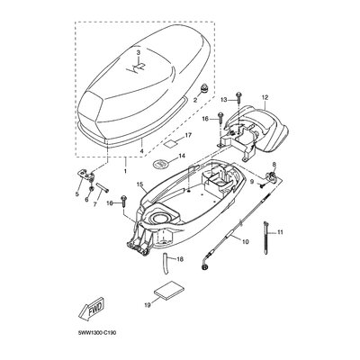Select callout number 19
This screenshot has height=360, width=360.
(148, 305)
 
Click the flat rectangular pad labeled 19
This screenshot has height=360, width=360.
(169, 291)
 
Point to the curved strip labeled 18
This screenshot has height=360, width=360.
(166, 263)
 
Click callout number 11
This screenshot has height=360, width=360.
(280, 232)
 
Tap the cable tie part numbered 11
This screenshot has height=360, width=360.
(266, 238)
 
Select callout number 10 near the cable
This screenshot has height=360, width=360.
(246, 241)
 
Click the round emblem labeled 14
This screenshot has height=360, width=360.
(161, 164)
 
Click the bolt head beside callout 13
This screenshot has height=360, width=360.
(238, 95)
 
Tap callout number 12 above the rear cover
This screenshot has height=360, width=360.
(265, 97)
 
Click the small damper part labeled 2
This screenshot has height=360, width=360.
(204, 88)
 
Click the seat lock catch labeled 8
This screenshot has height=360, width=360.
(272, 175)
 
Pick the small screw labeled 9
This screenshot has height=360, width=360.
(262, 186)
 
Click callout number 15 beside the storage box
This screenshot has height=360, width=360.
(139, 184)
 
